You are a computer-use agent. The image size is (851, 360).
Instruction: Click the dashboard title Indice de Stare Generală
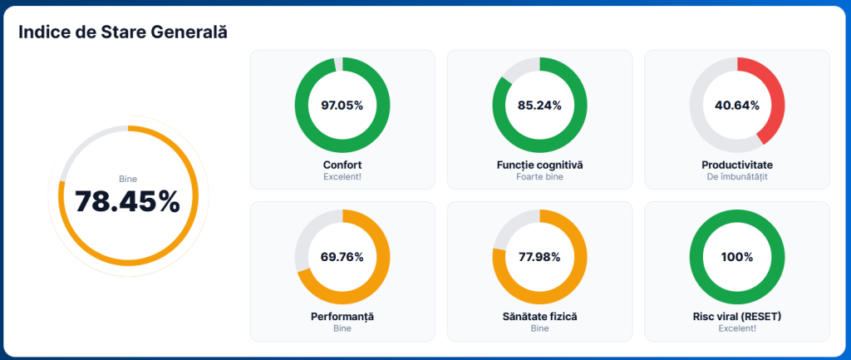click(x=123, y=32)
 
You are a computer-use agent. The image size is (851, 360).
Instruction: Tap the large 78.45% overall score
click(x=127, y=202)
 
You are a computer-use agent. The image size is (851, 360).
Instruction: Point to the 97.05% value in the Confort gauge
click(x=342, y=106)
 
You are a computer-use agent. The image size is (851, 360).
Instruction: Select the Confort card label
click(x=342, y=165)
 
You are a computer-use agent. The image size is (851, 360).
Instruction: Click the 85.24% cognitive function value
click(x=539, y=106)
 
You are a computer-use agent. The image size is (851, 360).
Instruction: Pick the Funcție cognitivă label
click(x=539, y=165)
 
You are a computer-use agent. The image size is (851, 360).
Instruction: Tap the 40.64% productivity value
click(x=736, y=106)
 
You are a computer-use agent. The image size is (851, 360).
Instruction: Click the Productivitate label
click(x=736, y=165)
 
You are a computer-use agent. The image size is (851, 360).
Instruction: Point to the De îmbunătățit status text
click(x=736, y=177)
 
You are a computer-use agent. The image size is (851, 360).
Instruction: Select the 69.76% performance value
click(x=342, y=257)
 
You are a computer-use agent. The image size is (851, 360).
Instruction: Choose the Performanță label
click(x=342, y=317)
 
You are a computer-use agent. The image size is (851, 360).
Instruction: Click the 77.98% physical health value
click(x=539, y=257)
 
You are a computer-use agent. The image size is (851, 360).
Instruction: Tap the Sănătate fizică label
click(x=539, y=317)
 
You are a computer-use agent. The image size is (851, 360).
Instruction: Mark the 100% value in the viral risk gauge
click(x=736, y=257)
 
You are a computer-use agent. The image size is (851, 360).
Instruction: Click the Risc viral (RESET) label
click(x=736, y=317)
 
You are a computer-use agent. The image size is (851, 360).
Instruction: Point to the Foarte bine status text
click(x=539, y=177)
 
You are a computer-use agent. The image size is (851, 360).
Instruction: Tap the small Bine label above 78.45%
click(x=127, y=179)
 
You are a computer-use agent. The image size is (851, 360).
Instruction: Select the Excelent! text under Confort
click(x=342, y=177)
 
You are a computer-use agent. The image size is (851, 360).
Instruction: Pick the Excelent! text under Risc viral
click(x=736, y=328)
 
